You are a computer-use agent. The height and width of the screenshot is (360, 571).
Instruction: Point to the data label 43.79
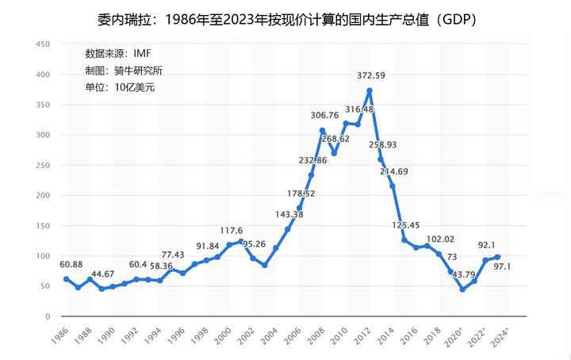click(x=466, y=274)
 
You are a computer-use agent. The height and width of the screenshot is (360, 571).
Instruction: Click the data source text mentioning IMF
click(x=118, y=53)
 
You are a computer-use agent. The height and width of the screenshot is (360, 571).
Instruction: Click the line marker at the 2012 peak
click(x=370, y=91)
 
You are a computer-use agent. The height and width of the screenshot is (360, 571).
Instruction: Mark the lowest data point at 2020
click(x=462, y=289)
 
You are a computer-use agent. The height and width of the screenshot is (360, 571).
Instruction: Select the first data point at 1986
click(x=66, y=279)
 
